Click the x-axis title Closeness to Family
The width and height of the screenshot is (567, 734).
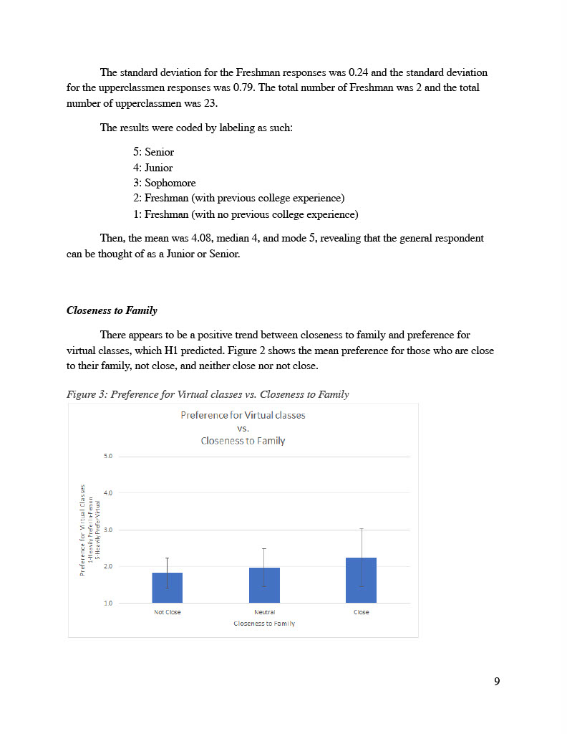tap(264, 624)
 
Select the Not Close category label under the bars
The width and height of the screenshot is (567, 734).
tap(168, 613)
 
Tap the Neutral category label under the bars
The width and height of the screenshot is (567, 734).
tap(264, 613)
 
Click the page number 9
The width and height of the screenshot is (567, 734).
tap(497, 681)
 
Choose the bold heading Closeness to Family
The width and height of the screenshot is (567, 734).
tap(112, 310)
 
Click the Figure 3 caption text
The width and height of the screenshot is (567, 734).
tap(208, 394)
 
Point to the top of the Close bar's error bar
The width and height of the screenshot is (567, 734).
tap(361, 529)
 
